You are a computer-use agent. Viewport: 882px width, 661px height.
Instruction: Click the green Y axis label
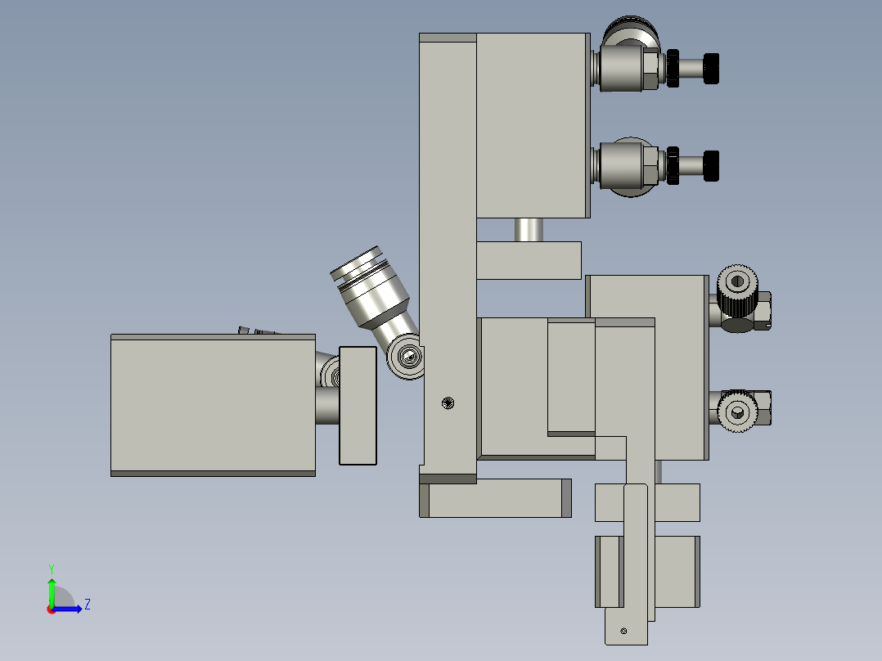pyautogui.click(x=51, y=568)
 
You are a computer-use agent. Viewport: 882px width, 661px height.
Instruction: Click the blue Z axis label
pyautogui.click(x=87, y=605)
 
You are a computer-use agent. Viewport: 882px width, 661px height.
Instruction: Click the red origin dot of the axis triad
pyautogui.click(x=51, y=609)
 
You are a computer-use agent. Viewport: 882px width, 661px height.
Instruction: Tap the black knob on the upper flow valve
pyautogui.click(x=712, y=68)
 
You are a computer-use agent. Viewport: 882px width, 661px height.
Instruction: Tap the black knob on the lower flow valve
pyautogui.click(x=712, y=165)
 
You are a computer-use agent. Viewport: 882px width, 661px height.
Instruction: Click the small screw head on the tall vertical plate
pyautogui.click(x=447, y=402)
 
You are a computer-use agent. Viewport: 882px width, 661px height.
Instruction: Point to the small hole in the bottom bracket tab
pyautogui.click(x=623, y=631)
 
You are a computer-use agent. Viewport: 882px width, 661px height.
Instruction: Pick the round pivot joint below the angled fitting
pyautogui.click(x=407, y=356)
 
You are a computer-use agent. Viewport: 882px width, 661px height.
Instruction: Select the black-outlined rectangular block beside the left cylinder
pyautogui.click(x=358, y=405)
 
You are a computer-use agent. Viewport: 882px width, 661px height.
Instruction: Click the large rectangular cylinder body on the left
pyautogui.click(x=213, y=405)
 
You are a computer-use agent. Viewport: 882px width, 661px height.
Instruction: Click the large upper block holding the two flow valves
pyautogui.click(x=532, y=126)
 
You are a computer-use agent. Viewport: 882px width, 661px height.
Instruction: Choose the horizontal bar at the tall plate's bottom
pyautogui.click(x=494, y=498)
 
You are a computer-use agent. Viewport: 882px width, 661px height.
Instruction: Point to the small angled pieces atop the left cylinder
pyautogui.click(x=258, y=330)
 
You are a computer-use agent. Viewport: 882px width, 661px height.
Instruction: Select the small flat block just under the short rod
pyautogui.click(x=528, y=260)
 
